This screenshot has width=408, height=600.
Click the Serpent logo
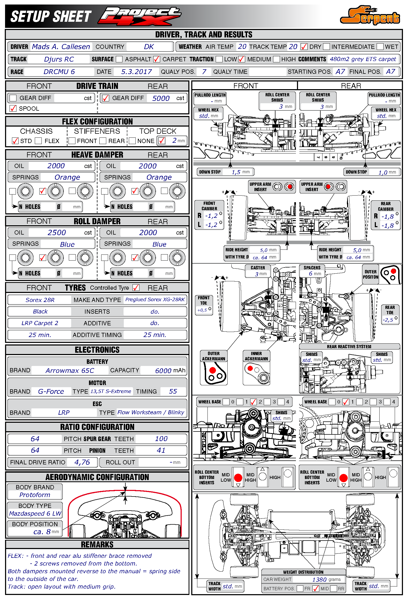[x=370, y=16]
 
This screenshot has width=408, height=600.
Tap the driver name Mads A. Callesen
[x=61, y=47]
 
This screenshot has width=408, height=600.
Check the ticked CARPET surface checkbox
[x=157, y=59]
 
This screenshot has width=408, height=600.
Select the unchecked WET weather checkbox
[x=380, y=47]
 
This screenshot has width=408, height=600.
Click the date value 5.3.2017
[x=136, y=72]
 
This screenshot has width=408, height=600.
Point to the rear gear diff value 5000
[x=161, y=98]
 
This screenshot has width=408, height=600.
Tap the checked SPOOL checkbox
[x=13, y=109]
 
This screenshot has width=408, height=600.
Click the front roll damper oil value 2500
[x=57, y=232]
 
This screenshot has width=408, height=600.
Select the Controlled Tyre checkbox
[x=136, y=288]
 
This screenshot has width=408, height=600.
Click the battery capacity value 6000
[x=163, y=370]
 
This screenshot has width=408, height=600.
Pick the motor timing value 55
[x=173, y=391]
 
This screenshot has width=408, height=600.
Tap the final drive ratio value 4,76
[x=82, y=462]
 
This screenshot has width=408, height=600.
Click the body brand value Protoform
[x=35, y=495]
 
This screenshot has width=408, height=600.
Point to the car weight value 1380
[x=319, y=580]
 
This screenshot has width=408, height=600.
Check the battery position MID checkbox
[x=316, y=589]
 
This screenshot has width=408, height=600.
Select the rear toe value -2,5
[x=388, y=320]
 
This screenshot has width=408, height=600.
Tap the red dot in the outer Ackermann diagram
[x=212, y=370]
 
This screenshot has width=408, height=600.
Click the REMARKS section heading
[x=97, y=545]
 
